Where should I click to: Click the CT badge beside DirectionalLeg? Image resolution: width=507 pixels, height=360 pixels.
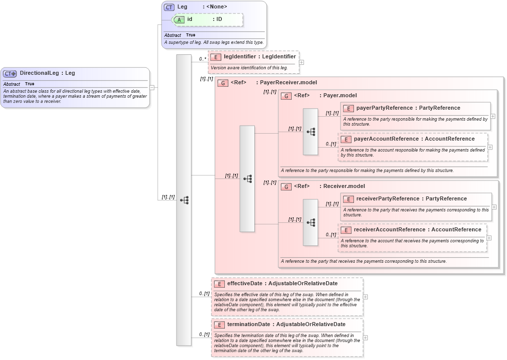coord(10,73)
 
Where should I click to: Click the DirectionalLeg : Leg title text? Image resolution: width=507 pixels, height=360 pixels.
coord(47,73)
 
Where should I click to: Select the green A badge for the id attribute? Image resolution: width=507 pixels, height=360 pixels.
coord(179,19)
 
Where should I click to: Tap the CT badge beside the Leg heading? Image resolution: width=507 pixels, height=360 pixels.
coord(169,7)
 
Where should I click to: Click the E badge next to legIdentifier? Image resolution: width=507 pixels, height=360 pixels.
coord(215,57)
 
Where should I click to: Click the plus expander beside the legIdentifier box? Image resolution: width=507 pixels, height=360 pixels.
coord(301,63)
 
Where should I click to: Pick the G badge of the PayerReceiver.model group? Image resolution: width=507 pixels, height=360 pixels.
coord(223,83)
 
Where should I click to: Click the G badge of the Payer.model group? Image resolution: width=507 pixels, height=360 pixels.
coord(286,96)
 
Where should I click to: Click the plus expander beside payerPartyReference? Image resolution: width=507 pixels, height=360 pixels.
coord(493,116)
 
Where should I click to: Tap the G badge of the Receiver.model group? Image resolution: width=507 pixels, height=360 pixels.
coord(286,186)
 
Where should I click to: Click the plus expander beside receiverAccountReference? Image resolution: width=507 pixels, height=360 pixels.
coord(490,238)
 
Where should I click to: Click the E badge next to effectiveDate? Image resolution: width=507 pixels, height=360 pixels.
coord(219,284)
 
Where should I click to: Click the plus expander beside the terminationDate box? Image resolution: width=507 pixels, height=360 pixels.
coord(366,338)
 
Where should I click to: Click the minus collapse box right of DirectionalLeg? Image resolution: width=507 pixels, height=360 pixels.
coord(152,87)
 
